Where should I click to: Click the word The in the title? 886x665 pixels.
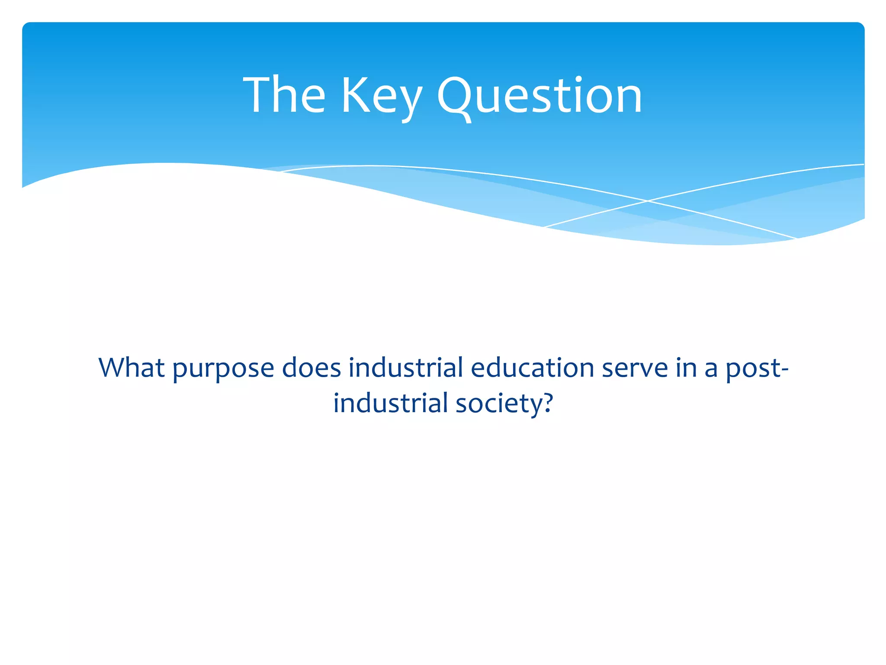[x=284, y=95]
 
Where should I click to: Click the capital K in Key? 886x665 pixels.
[x=355, y=95]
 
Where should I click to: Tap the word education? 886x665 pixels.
[x=532, y=368]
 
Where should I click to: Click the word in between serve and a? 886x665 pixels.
[x=686, y=368]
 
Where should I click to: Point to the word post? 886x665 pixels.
[x=753, y=369]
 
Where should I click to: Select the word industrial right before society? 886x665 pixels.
[x=390, y=403]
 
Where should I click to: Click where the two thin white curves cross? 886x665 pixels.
[x=648, y=201]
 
